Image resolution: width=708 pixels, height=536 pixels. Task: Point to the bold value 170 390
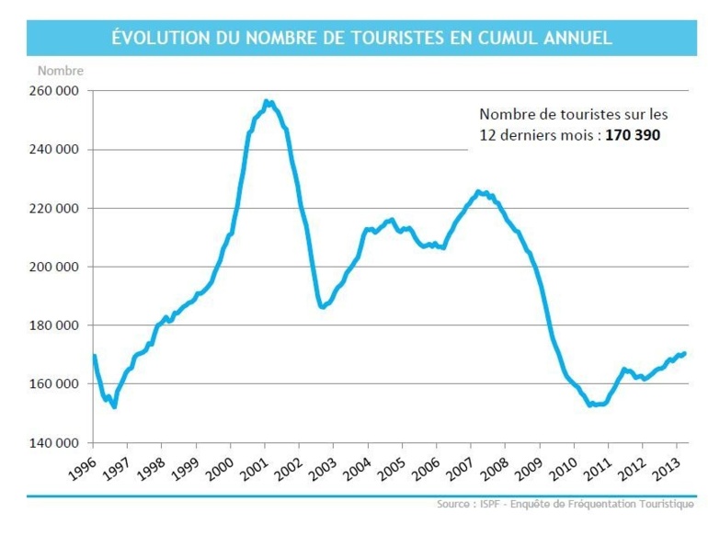[x=633, y=134]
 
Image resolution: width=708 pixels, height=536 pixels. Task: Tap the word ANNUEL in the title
[x=576, y=38]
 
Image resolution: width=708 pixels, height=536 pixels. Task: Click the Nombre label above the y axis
[x=60, y=70]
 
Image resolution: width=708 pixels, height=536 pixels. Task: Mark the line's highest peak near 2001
[x=267, y=101]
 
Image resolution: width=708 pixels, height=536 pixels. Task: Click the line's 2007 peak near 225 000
[x=478, y=191]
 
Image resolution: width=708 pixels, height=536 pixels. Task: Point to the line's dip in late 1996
[x=114, y=406]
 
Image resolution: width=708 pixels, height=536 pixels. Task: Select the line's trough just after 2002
[x=322, y=307]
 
